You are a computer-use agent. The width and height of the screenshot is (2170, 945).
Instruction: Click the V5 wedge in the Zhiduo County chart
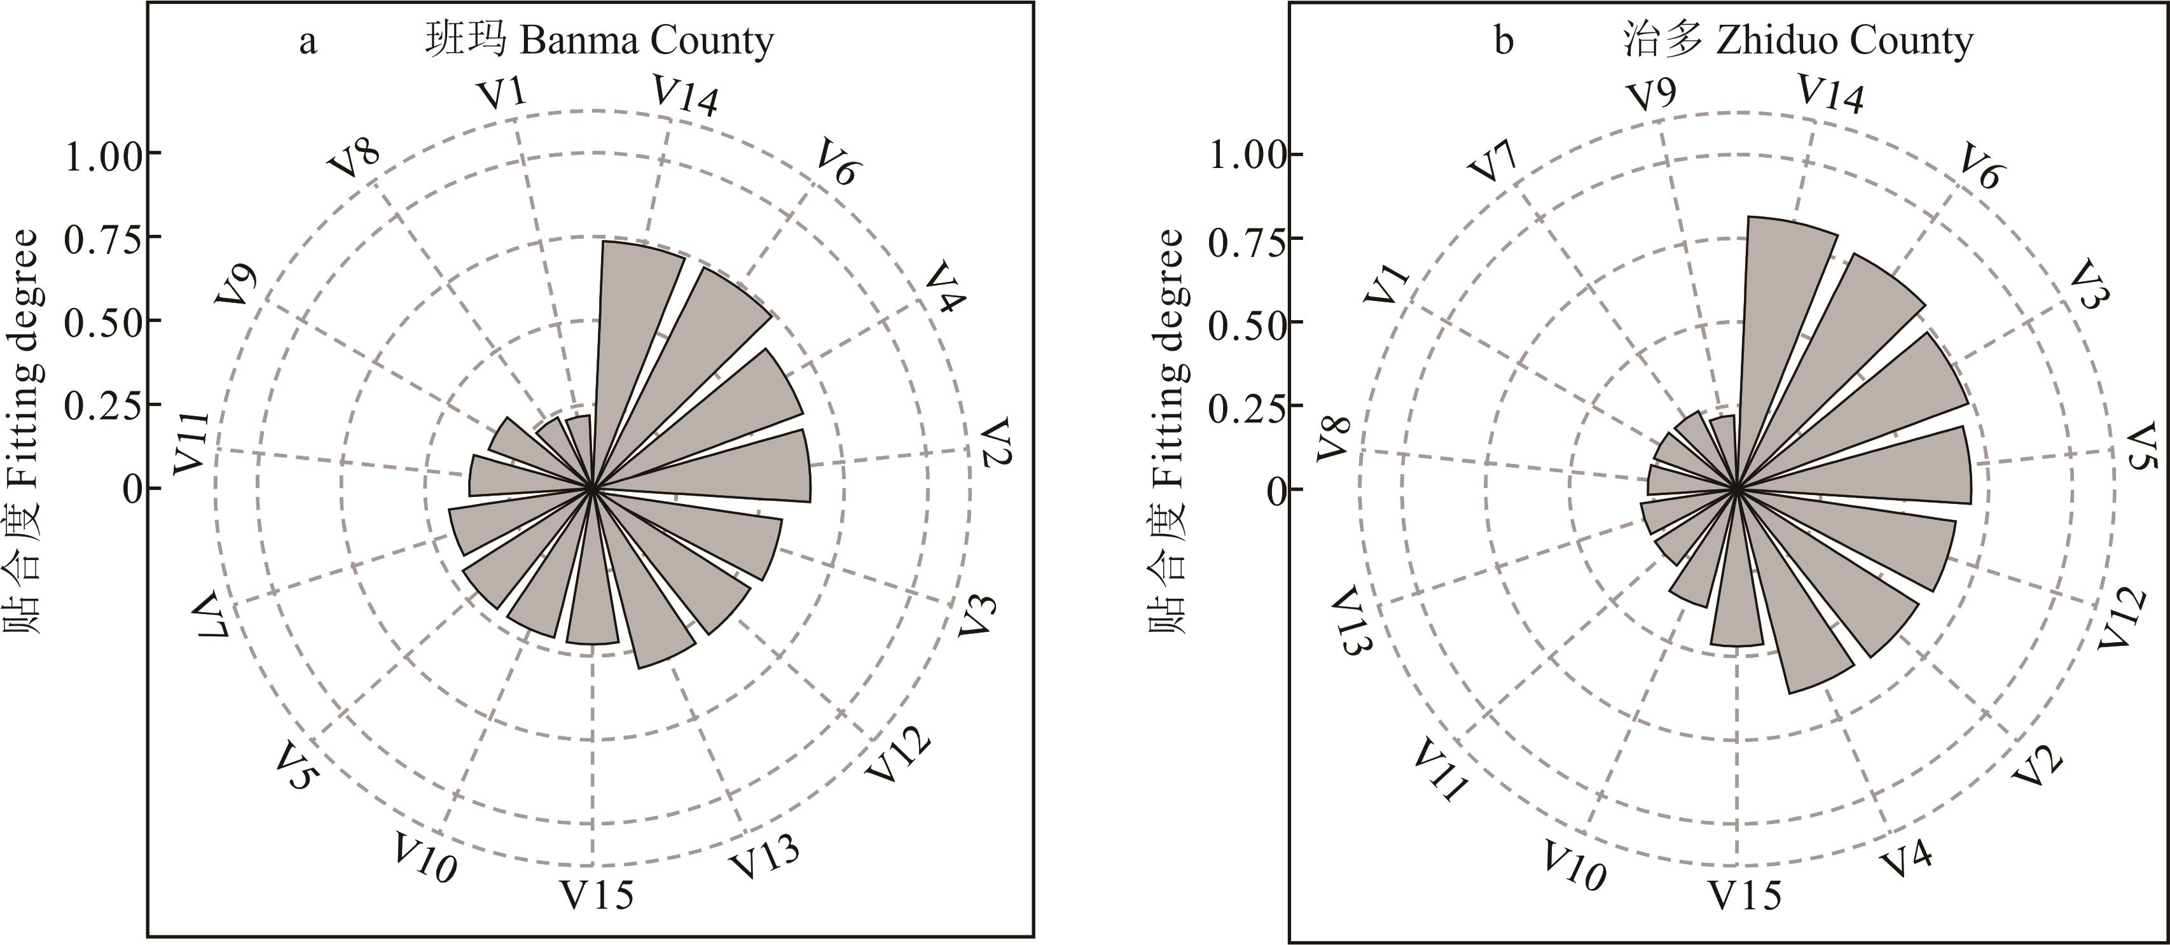pyautogui.click(x=1887, y=468)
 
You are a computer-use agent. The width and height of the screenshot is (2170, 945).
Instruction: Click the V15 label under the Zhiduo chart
pyautogui.click(x=1745, y=895)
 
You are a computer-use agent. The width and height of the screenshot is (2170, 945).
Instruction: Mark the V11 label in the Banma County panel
pyautogui.click(x=191, y=442)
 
